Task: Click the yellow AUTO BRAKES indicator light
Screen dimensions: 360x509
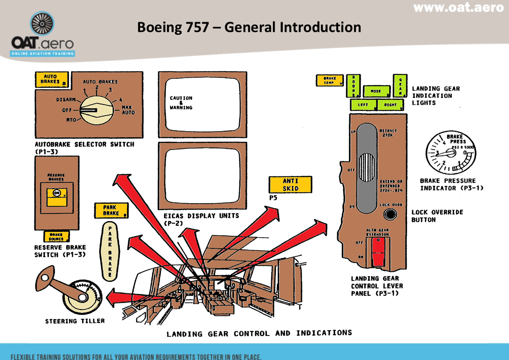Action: pos(52,80)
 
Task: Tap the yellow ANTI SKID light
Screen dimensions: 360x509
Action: pos(290,185)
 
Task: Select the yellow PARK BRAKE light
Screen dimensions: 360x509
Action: pos(111,210)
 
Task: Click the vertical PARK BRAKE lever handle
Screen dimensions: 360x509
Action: pos(110,250)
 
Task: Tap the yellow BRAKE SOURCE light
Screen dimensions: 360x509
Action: pos(56,236)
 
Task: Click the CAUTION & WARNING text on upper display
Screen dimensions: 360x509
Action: pos(181,103)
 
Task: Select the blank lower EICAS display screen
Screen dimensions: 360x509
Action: pos(202,175)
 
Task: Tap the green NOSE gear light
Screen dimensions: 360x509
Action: pos(376,91)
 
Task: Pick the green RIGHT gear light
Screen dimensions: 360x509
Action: pos(390,105)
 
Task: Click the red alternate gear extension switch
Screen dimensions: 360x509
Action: pos(378,252)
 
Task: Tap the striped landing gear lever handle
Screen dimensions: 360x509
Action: pos(368,168)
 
